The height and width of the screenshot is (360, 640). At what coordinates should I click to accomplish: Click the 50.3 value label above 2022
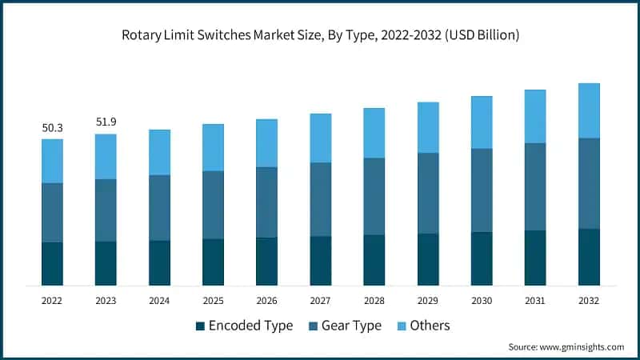pos(52,127)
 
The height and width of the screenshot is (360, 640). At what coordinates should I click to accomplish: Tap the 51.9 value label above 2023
pos(106,122)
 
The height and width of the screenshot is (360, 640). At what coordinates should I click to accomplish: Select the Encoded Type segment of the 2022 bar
pos(52,263)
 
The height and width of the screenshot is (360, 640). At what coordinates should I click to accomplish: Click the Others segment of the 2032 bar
pos(589,110)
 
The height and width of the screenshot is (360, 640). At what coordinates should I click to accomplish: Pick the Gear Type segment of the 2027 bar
pos(320,199)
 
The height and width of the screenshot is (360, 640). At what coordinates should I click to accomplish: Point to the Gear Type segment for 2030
pos(482,190)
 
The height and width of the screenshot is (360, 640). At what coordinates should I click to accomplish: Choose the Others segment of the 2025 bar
pos(213,147)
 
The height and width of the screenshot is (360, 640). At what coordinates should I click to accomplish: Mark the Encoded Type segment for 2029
pos(428,259)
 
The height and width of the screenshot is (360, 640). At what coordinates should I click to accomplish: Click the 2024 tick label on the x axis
pos(159,300)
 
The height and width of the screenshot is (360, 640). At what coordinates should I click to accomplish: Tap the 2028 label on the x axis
pos(374,300)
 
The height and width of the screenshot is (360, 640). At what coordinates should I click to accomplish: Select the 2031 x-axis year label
pos(535,300)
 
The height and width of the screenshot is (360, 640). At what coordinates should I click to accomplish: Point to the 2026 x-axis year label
pos(266,300)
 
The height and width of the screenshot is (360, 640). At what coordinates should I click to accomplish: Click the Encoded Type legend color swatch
pos(199,326)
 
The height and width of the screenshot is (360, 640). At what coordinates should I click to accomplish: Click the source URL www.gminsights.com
pos(581,347)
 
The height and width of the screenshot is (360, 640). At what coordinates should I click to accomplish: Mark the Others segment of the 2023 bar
pos(106,157)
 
